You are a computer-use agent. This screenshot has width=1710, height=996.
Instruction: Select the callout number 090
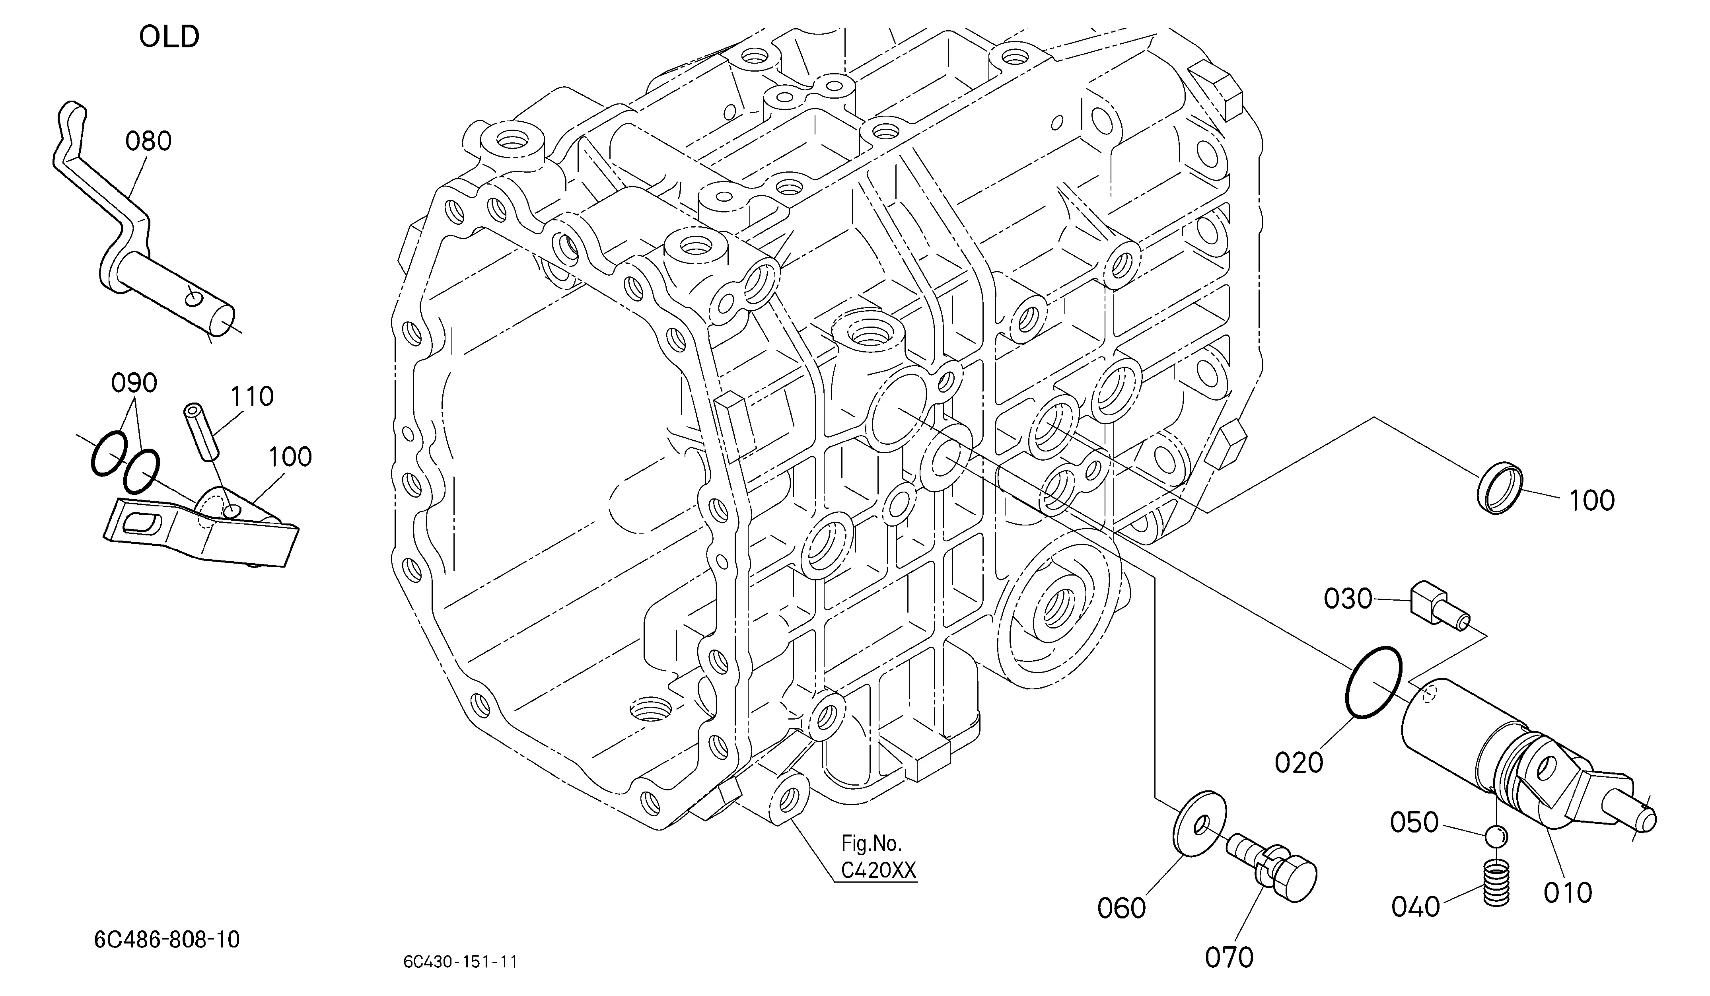point(134,383)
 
